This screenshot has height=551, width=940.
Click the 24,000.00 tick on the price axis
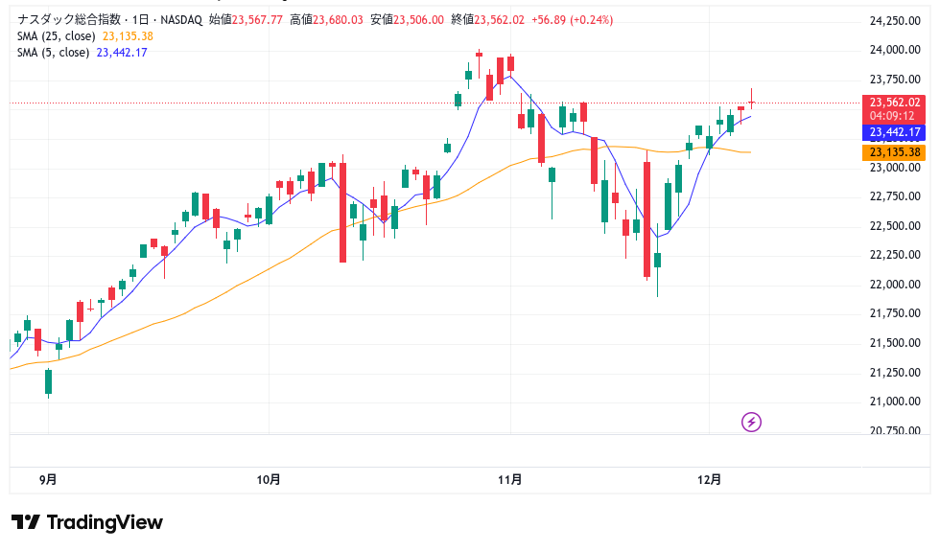[x=887, y=50]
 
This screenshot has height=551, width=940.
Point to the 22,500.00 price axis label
[x=887, y=226]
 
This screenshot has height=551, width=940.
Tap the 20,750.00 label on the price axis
[x=887, y=430]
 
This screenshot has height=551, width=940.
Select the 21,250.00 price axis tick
[x=887, y=373]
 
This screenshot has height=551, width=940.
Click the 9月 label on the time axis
[x=48, y=479]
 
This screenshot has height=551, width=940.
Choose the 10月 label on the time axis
[x=270, y=479]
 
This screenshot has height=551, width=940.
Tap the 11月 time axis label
[x=511, y=479]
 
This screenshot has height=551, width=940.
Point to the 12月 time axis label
[x=710, y=479]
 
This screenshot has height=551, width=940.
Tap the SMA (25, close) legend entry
[x=57, y=36]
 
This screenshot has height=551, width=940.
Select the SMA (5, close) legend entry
[x=54, y=53]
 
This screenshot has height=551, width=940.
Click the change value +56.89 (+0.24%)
[x=573, y=19]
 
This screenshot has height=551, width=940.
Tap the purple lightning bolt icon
[x=752, y=422]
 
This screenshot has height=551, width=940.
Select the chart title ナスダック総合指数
[x=62, y=19]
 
